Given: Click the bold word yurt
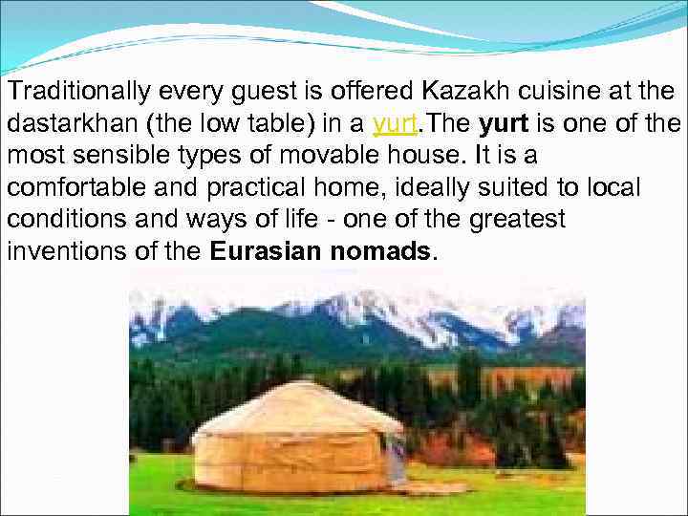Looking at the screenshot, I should (x=498, y=125).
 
